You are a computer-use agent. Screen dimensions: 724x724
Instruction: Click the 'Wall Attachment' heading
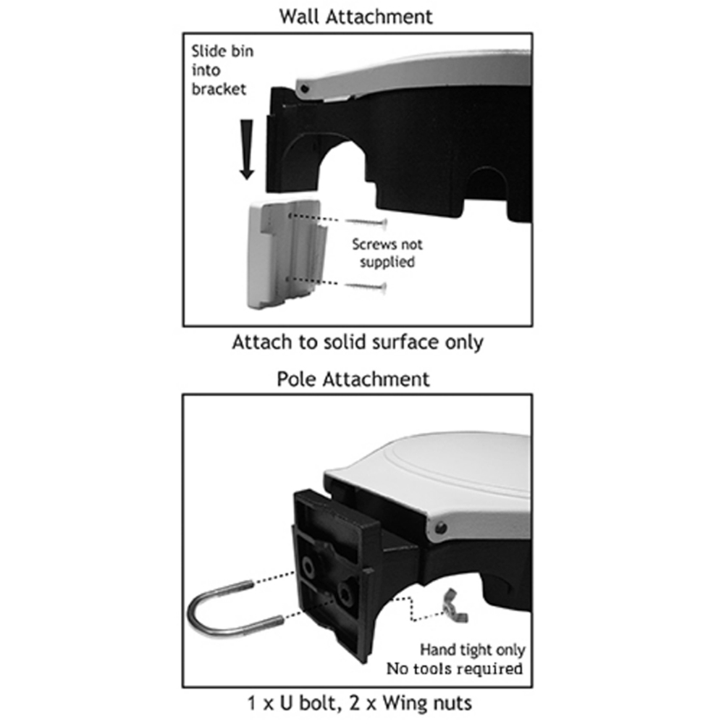(x=355, y=17)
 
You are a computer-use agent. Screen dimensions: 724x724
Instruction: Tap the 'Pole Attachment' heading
(x=353, y=379)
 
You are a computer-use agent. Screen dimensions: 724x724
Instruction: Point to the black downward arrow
(x=247, y=149)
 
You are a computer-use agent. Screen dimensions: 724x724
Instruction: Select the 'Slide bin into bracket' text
(x=222, y=70)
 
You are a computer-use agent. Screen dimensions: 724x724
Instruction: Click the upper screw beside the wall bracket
(x=366, y=223)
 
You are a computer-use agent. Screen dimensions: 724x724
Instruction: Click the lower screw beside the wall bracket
(x=366, y=287)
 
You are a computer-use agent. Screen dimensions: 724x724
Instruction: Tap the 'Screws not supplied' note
(x=387, y=253)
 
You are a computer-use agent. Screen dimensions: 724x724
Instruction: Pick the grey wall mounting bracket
(x=286, y=253)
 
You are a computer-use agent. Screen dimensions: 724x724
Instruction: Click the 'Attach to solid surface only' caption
(x=358, y=342)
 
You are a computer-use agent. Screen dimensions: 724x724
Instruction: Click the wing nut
(x=455, y=606)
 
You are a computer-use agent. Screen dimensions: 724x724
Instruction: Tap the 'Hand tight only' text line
(x=472, y=650)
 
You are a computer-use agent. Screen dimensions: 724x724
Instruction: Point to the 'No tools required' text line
(x=455, y=668)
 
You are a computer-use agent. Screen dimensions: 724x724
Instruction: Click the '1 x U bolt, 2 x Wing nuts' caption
(x=359, y=703)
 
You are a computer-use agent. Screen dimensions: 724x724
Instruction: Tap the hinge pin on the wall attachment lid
(x=304, y=88)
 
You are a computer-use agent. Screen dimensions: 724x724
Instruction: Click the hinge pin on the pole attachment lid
(x=440, y=527)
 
